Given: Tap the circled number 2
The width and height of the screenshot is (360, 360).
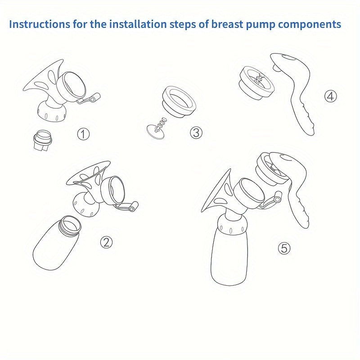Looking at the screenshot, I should click(106, 242).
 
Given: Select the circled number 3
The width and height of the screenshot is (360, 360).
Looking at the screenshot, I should click(196, 132).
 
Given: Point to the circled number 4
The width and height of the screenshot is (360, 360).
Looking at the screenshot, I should click(331, 96).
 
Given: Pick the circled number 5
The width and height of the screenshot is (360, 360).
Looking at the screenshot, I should click(284, 247).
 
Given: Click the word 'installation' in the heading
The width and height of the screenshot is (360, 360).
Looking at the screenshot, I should click(126, 24).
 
